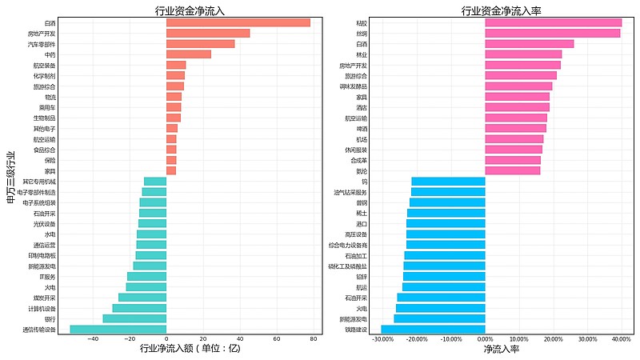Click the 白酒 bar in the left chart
click(238, 22)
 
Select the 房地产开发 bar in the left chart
click(208, 34)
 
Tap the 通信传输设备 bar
click(118, 329)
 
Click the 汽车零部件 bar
click(200, 44)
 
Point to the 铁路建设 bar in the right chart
click(433, 329)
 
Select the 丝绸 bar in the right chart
click(552, 34)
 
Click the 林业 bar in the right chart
click(523, 54)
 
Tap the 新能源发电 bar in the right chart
click(439, 318)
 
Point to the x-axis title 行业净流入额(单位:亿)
click(190, 349)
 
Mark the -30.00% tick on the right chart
click(383, 339)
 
